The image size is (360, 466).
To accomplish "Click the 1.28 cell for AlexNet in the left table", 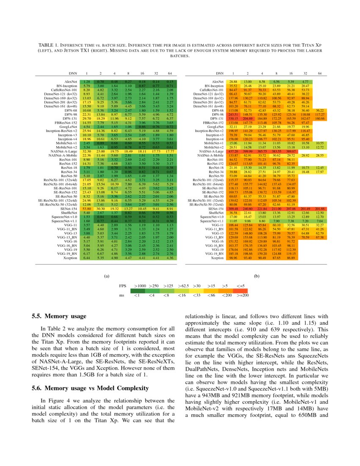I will click(x=86, y=81).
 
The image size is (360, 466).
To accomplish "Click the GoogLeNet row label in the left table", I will click(x=68, y=127).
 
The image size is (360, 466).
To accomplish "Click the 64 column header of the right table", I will click(x=320, y=74).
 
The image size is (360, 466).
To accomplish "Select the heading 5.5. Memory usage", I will click(x=59, y=316).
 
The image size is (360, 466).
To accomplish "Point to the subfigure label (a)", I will click(x=107, y=276).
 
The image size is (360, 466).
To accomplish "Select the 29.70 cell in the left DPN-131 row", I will click(x=86, y=119).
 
